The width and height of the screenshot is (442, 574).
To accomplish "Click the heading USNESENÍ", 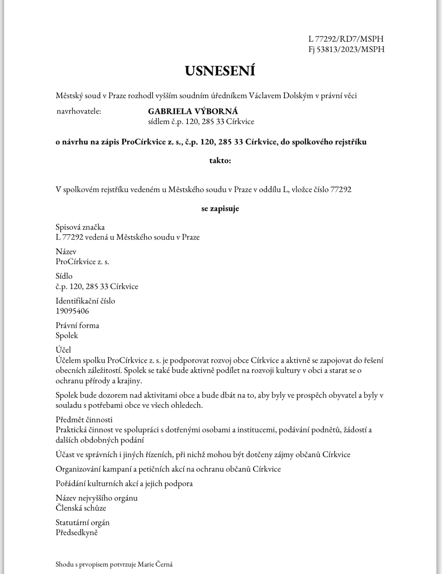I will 220,71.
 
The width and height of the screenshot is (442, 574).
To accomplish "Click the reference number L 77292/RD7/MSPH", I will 346,39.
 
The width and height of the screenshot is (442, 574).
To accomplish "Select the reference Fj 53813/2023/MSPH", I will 346,49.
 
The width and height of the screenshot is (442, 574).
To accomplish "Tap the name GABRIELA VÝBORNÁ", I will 193,111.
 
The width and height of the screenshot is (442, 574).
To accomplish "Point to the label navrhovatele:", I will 79,111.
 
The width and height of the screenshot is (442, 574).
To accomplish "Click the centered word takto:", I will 220,161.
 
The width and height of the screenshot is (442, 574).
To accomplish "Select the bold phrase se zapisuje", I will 220,209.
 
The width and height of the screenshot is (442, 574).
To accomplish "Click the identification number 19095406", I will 72,311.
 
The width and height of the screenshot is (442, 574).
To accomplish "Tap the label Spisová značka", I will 80,227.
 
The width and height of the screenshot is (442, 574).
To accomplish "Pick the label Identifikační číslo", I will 85,301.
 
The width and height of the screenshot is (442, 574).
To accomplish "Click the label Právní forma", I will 78,325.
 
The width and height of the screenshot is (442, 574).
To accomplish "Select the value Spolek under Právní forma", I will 67,335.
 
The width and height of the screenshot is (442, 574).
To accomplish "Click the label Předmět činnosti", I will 84,420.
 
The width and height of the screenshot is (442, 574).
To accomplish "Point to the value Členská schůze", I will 81,508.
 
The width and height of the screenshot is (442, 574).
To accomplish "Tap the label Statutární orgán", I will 82,522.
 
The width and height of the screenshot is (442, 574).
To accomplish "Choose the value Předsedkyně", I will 76,532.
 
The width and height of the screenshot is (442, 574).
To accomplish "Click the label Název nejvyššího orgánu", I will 97,498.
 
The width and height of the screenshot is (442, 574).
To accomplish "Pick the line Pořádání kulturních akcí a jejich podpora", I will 124,483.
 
